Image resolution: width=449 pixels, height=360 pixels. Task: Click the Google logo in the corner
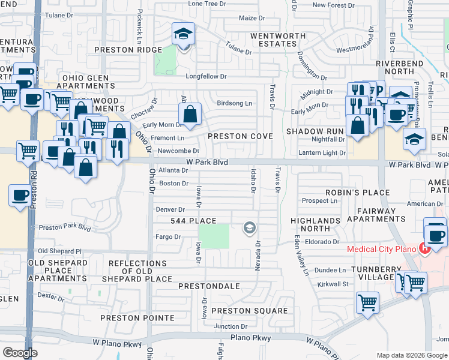click(x=20, y=353)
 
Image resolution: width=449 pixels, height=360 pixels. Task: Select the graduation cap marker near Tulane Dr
click(x=183, y=34)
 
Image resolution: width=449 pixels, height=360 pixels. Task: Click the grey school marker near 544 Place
click(x=249, y=227)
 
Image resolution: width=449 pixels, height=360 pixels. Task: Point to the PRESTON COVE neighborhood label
click(x=240, y=136)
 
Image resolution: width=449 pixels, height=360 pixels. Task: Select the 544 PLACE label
click(x=193, y=221)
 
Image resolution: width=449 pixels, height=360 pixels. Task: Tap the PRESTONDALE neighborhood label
click(x=209, y=286)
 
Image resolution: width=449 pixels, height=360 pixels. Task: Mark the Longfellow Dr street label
click(x=206, y=77)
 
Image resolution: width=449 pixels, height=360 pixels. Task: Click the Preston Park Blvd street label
click(x=65, y=228)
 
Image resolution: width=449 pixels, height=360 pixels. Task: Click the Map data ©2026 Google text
click(x=411, y=355)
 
